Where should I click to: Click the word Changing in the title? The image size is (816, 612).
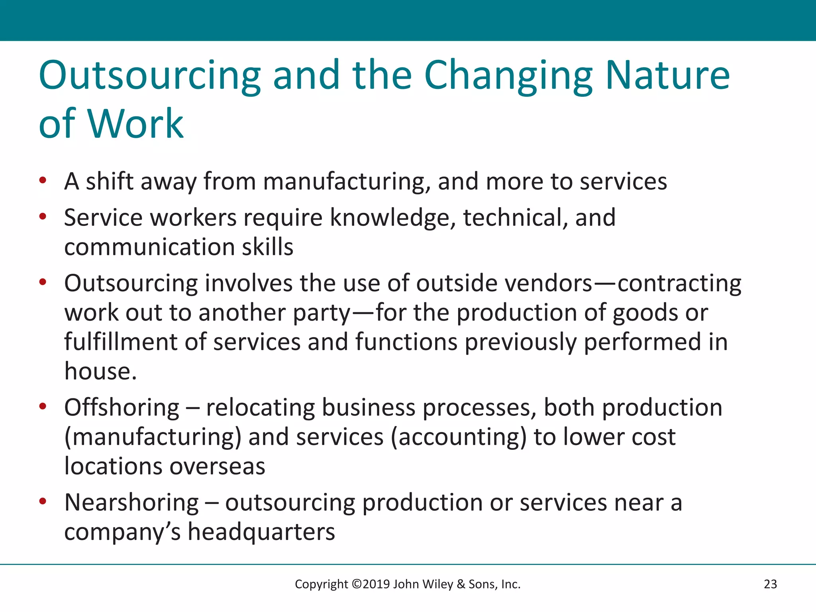[x=508, y=76]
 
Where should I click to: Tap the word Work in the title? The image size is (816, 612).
[x=135, y=124]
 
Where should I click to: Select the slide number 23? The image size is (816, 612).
[x=770, y=584]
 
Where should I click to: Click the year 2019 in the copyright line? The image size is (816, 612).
[x=376, y=584]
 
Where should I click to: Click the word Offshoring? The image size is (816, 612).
[x=122, y=408]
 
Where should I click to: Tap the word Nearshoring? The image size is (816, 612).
[x=131, y=502]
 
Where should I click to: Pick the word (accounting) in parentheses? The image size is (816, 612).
[x=458, y=437]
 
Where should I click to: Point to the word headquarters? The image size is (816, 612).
[x=261, y=532]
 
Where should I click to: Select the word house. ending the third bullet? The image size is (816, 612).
[x=100, y=371]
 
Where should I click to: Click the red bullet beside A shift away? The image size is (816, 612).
[x=43, y=180]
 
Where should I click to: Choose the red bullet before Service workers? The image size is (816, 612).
[x=43, y=217]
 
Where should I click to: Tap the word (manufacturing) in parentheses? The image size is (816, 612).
[x=153, y=437]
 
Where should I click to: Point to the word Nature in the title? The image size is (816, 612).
[x=667, y=76]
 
